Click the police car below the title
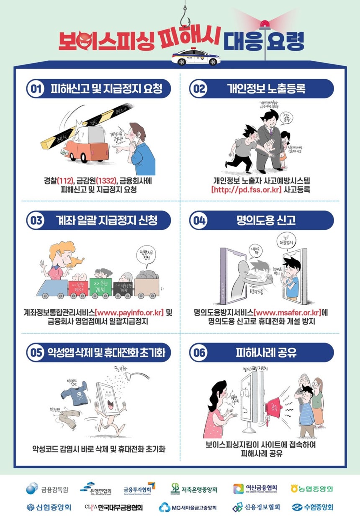tap(196, 58)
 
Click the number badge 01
tap(36, 89)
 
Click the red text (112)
tap(65, 181)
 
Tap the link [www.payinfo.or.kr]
tap(129, 313)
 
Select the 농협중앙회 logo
tap(312, 488)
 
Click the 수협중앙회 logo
tap(312, 507)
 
